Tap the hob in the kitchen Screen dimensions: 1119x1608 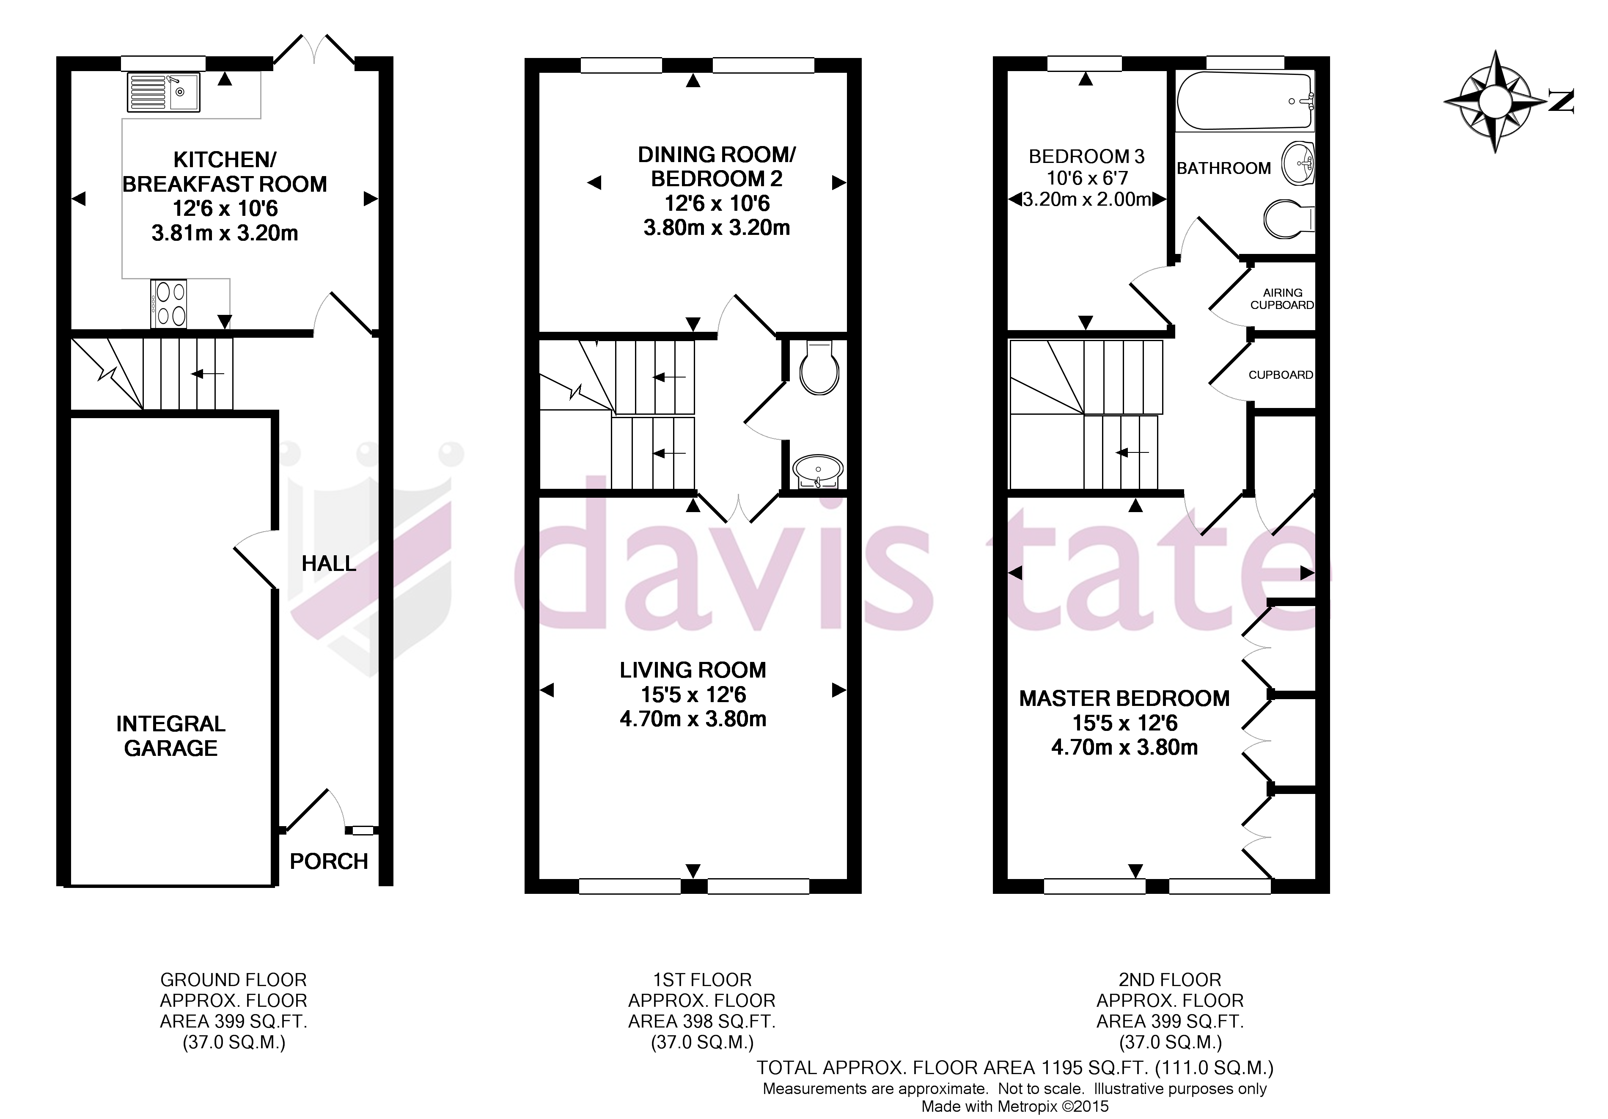[169, 303]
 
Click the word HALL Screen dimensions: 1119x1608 [328, 563]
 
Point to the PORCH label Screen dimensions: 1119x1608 [328, 861]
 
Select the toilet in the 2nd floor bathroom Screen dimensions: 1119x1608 [1287, 219]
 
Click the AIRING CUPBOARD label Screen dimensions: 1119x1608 [1282, 298]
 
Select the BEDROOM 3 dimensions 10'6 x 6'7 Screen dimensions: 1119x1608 [1087, 178]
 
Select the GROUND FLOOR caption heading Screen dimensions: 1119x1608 [233, 980]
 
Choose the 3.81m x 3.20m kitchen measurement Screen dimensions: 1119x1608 [225, 233]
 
